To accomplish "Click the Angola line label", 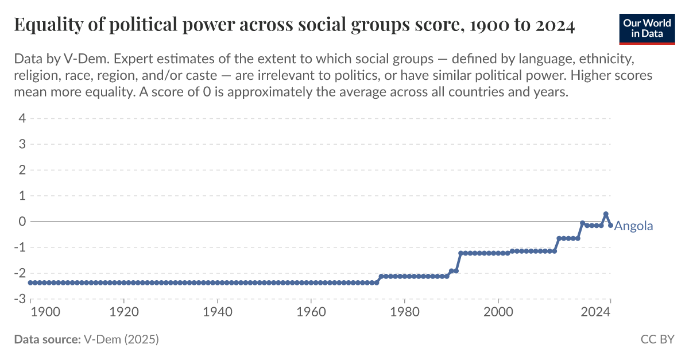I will click(633, 226).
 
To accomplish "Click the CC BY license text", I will click(657, 339).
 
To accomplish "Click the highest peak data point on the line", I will click(606, 214).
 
